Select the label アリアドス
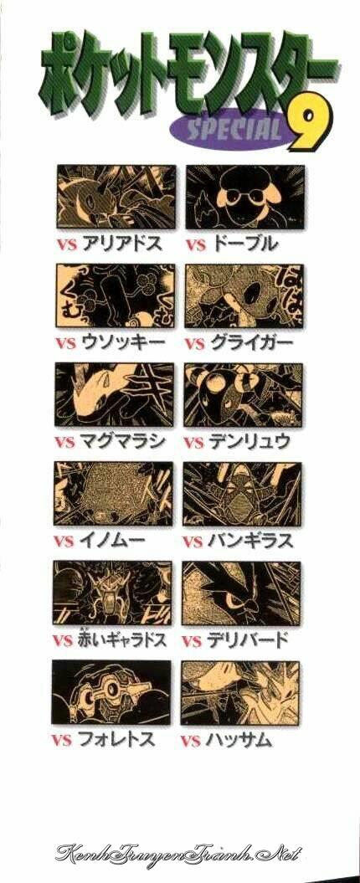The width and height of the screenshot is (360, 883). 122,244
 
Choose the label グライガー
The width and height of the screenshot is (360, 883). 250,342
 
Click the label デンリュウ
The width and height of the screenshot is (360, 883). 249,441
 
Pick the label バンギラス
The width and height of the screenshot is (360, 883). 250,542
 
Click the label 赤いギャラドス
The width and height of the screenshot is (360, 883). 122,639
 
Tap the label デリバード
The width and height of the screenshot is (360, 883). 248,639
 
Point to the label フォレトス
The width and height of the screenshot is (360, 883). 116,739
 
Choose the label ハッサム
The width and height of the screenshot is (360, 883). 239,739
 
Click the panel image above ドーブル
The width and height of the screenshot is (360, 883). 245,197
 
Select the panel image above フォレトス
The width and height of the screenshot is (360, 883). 111,692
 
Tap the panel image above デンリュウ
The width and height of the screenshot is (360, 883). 243,395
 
